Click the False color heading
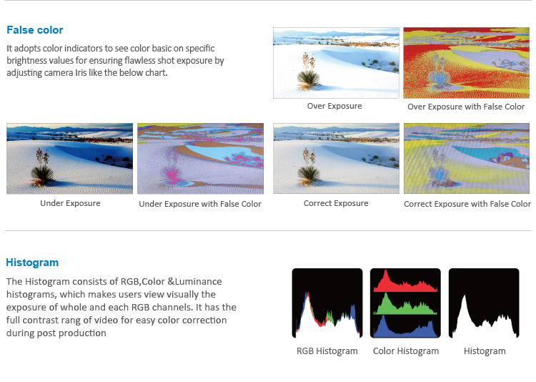point(35,30)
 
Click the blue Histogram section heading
point(32,263)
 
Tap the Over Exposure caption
point(334,106)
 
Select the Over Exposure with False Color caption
point(466,107)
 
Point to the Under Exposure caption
point(70,203)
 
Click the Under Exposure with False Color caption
point(200,204)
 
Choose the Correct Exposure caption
point(336,203)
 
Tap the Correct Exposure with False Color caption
point(467,204)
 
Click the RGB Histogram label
point(327,351)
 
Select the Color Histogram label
point(406,351)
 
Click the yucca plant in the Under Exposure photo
point(41,167)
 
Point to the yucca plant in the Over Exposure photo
point(309,72)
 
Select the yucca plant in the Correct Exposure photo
point(309,167)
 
